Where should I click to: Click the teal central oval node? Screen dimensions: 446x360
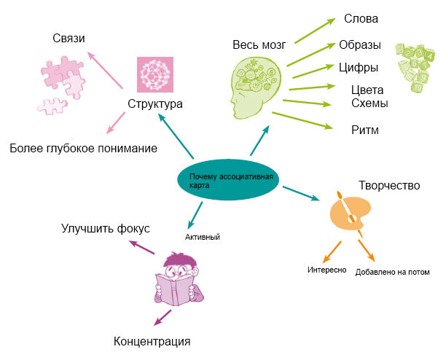click(x=228, y=180)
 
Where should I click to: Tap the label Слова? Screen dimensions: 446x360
click(x=361, y=19)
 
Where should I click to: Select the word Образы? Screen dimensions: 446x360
click(x=360, y=45)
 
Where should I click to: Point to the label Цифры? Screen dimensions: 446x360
click(x=359, y=68)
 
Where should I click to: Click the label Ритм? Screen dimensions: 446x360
click(x=365, y=130)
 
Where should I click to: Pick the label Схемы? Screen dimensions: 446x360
click(x=369, y=103)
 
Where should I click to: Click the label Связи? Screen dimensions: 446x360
click(x=69, y=38)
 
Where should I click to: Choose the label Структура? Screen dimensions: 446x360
click(x=155, y=104)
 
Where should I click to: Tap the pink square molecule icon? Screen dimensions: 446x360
click(x=155, y=74)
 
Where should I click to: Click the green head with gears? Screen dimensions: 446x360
click(x=254, y=87)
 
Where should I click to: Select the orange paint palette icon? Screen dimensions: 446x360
click(x=350, y=212)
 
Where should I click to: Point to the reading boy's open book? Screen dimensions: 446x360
click(x=175, y=289)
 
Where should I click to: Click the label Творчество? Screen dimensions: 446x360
click(x=389, y=185)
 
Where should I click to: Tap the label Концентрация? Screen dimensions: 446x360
click(x=152, y=341)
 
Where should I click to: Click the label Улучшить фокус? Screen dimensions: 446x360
click(x=106, y=229)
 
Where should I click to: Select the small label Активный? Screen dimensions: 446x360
click(x=203, y=237)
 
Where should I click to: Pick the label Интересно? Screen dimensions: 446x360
click(x=326, y=270)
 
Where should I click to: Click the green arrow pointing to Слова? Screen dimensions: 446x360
click(x=315, y=31)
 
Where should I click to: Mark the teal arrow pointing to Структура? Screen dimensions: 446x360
click(x=176, y=136)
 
